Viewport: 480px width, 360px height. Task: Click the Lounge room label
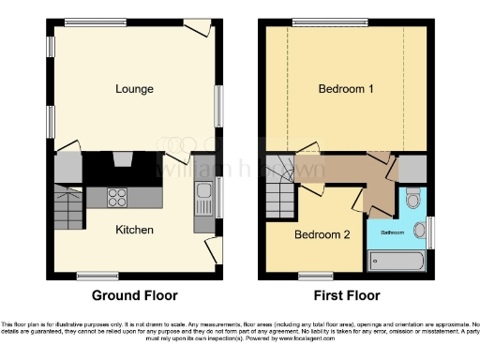[x=135, y=89]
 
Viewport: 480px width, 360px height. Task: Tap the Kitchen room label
[x=135, y=229]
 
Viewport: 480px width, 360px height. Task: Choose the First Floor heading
[x=347, y=294]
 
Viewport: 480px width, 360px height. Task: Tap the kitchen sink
[x=204, y=199]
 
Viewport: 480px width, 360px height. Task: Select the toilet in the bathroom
[x=413, y=200]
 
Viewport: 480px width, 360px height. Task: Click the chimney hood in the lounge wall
[x=123, y=161]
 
